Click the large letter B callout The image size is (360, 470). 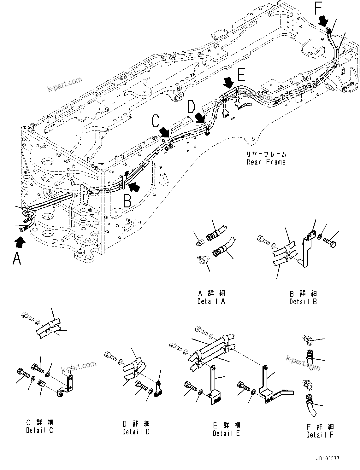tap(127, 201)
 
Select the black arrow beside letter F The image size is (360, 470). tap(323, 21)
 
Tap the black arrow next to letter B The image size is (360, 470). tap(135, 187)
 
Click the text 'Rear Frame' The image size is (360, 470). tap(266, 162)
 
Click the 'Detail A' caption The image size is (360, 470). tap(211, 301)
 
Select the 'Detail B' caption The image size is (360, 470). tap(303, 302)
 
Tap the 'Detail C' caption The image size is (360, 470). tap(40, 430)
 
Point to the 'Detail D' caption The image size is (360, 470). tap(136, 432)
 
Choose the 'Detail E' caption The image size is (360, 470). tap(226, 433)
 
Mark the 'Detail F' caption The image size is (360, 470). tap(320, 435)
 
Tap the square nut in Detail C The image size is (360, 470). tap(42, 384)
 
